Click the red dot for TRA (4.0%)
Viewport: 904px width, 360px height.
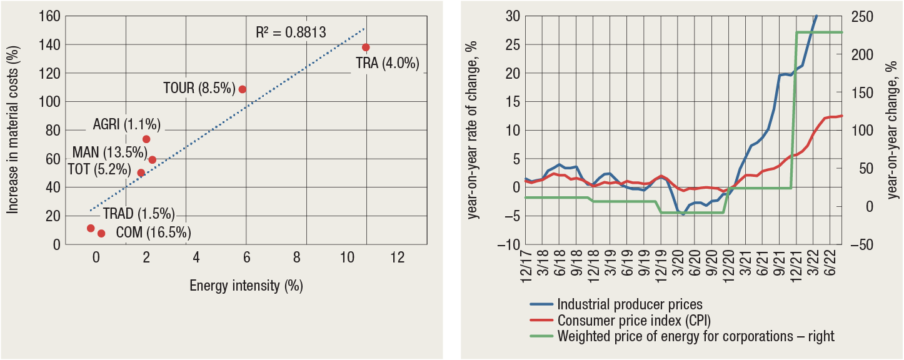tap(366, 47)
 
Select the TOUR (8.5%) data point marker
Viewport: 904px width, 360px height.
tap(242, 89)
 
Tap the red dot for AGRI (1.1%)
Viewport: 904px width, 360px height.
tap(146, 139)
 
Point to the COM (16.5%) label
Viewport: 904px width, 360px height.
tap(154, 234)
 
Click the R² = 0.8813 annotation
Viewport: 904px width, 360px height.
tap(291, 32)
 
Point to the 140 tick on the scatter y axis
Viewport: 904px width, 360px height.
tap(50, 44)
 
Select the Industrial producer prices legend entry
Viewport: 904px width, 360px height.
tap(630, 305)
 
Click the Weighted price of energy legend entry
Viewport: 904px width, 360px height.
tap(695, 336)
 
